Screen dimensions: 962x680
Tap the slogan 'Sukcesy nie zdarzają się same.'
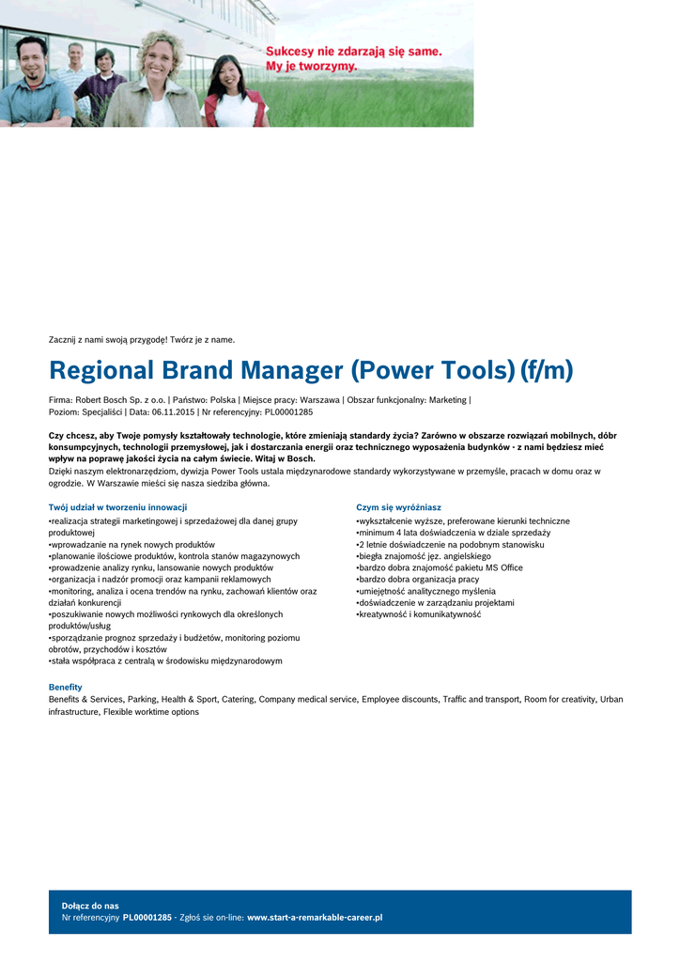pyautogui.click(x=354, y=52)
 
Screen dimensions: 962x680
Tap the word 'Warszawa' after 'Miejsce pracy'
pyautogui.click(x=319, y=399)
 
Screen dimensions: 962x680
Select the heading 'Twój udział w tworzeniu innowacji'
pyautogui.click(x=117, y=507)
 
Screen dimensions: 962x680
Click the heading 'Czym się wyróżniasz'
pyautogui.click(x=398, y=507)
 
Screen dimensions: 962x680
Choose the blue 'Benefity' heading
pyautogui.click(x=66, y=687)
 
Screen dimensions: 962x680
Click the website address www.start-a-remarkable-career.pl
pyautogui.click(x=315, y=917)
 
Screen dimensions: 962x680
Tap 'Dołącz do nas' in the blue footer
pyautogui.click(x=90, y=906)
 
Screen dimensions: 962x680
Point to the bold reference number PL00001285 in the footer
pyautogui.click(x=147, y=917)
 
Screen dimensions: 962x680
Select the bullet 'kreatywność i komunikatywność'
pyautogui.click(x=419, y=614)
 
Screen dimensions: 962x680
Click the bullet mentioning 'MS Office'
pyautogui.click(x=440, y=567)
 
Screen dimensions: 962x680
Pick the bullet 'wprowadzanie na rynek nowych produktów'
pyautogui.click(x=132, y=544)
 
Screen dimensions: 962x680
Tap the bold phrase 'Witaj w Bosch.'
pyautogui.click(x=286, y=459)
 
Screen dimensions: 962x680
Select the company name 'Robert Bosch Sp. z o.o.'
pyautogui.click(x=120, y=399)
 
